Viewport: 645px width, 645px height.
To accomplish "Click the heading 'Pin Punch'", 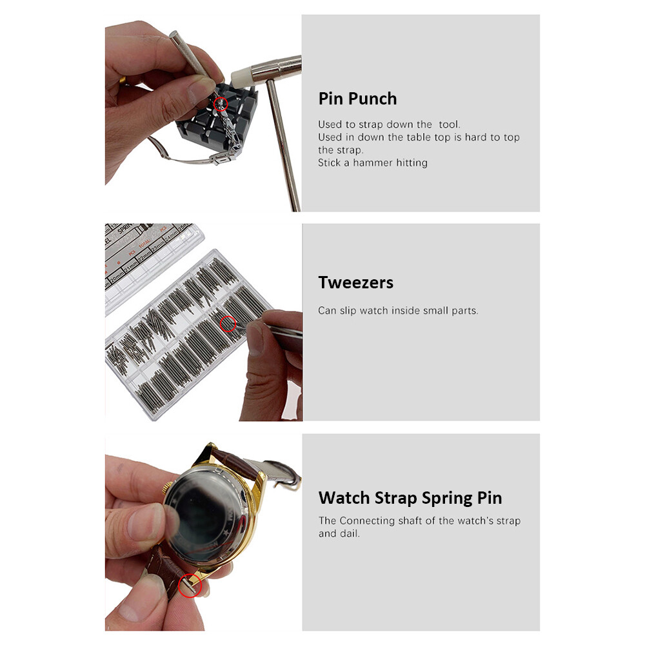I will [x=357, y=99].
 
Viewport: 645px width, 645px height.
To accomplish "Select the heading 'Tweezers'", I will [x=355, y=283].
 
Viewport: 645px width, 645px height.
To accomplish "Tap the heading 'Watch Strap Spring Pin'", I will [x=410, y=498].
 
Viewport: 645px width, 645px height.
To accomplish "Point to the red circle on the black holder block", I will [x=221, y=103].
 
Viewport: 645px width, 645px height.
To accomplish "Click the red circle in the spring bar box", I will [x=228, y=324].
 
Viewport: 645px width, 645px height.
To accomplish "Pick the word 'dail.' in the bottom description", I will [x=350, y=533].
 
